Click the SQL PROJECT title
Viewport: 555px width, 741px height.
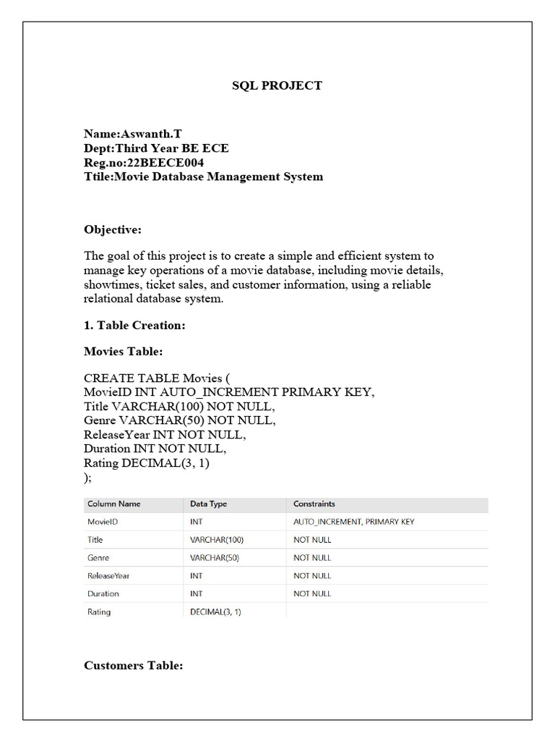(277, 85)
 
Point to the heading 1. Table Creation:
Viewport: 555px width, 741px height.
(135, 326)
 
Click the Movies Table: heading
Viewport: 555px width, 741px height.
(124, 352)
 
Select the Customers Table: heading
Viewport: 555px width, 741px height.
(134, 665)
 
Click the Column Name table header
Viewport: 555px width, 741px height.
(114, 504)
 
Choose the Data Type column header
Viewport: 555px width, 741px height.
(210, 504)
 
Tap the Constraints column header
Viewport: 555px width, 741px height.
(314, 504)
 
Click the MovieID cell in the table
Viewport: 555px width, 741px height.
(103, 522)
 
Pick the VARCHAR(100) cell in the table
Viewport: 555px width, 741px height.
(217, 540)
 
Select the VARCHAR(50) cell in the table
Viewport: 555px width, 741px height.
(215, 558)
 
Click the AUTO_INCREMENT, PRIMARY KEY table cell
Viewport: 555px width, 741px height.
(354, 522)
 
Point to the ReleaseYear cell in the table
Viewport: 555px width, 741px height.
(108, 576)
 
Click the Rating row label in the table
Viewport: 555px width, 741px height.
(99, 612)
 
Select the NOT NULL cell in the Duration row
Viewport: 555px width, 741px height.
(312, 594)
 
